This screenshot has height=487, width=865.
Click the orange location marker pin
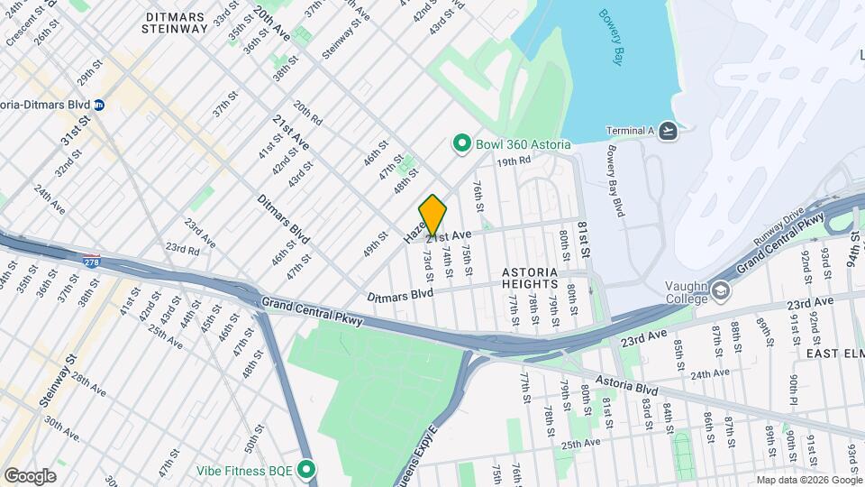[x=432, y=216]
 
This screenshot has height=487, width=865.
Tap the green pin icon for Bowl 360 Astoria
[x=462, y=144]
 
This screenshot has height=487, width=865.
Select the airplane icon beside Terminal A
[x=668, y=131]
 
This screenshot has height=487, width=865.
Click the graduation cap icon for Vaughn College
[x=721, y=290]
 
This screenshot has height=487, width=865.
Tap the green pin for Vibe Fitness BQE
[x=307, y=470]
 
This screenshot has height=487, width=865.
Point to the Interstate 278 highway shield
[x=91, y=262]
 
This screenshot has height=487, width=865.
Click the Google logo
[x=30, y=475]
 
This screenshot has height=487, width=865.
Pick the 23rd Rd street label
[x=182, y=248]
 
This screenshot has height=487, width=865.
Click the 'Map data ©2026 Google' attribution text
[x=807, y=480]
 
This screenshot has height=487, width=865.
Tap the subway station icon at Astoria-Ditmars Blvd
[x=99, y=105]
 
